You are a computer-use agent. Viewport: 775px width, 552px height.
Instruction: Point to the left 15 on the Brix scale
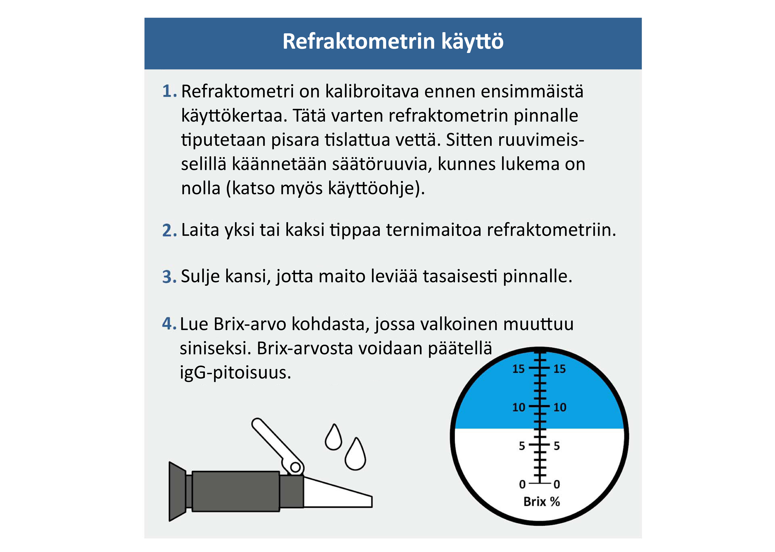(518, 369)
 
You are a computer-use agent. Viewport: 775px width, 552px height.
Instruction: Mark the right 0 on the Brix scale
(557, 484)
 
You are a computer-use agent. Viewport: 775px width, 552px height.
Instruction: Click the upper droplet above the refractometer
(333, 439)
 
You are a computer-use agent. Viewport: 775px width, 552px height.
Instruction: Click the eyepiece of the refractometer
(177, 491)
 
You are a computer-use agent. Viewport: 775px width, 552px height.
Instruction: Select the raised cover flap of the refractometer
(275, 442)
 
